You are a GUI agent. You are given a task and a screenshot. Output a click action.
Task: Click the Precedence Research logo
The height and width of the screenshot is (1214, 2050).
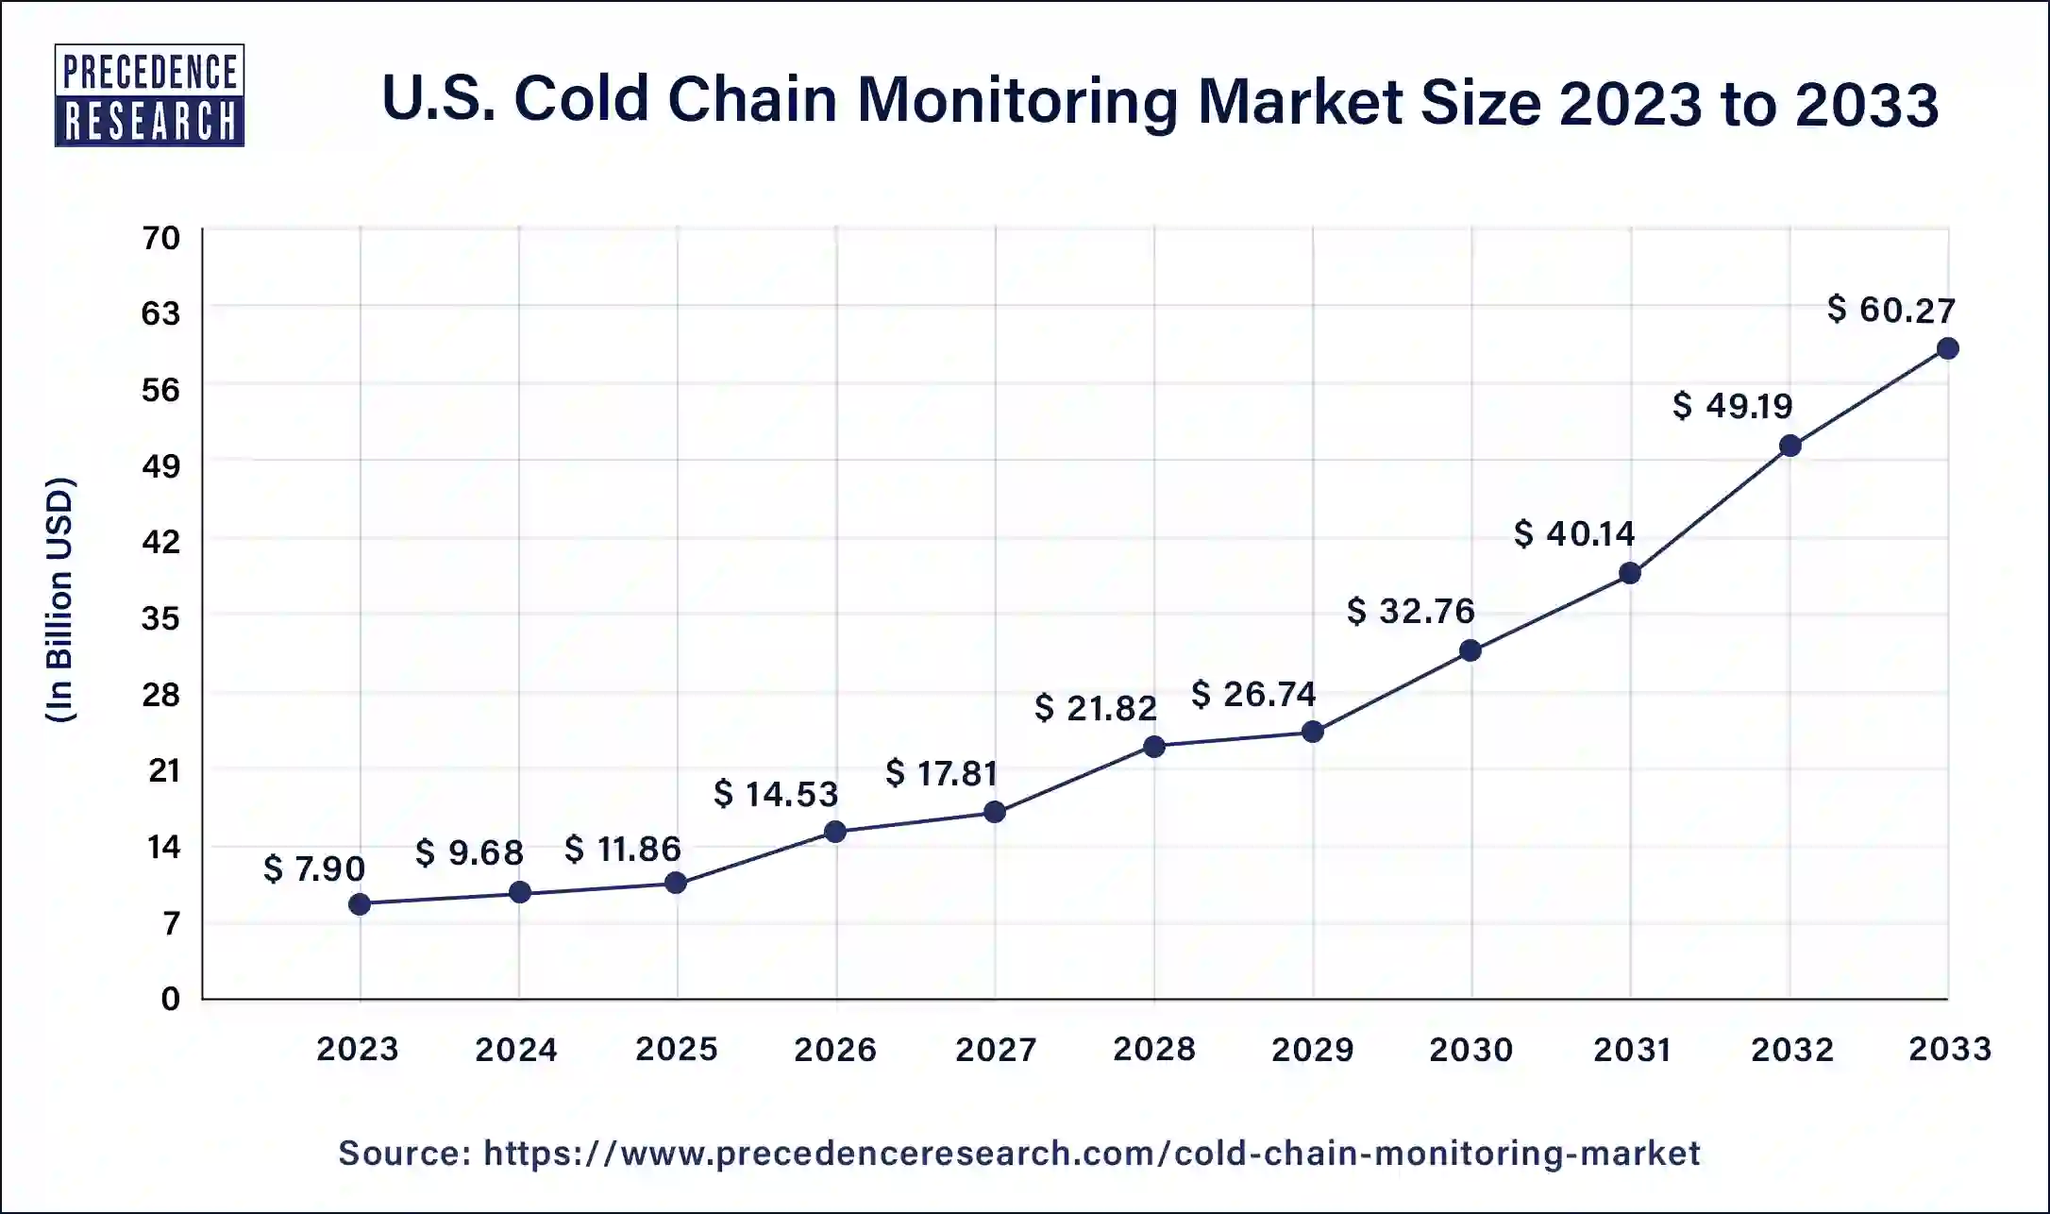[149, 95]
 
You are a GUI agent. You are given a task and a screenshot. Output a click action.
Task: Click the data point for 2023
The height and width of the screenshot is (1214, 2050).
[360, 904]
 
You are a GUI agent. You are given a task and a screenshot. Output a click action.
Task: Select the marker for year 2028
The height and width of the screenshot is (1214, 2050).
[1153, 747]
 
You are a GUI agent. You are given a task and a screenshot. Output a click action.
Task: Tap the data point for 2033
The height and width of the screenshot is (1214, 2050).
[1947, 348]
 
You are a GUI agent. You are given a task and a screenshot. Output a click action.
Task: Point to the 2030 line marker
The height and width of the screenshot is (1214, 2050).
[1470, 650]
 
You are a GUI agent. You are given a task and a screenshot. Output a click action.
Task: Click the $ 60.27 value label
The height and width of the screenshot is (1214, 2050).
[1890, 310]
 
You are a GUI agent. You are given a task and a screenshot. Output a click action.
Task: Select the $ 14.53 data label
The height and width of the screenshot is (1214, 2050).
[776, 794]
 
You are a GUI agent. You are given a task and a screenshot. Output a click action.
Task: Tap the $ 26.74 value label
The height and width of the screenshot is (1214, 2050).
[1252, 694]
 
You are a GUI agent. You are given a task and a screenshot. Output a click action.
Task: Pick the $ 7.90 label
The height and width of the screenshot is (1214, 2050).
[313, 868]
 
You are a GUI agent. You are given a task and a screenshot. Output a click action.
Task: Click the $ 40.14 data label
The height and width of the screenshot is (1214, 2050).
[1573, 533]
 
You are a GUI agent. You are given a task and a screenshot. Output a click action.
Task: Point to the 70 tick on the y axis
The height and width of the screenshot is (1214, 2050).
[161, 237]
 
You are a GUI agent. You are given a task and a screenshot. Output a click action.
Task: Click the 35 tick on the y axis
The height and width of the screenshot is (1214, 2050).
[161, 618]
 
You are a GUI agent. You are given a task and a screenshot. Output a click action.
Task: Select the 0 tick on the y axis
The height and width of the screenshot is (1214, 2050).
[170, 999]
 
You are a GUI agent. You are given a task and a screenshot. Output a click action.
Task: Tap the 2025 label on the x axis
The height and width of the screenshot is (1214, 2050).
[676, 1049]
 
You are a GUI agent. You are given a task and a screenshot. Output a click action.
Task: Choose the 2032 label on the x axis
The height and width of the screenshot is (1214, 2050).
[1791, 1049]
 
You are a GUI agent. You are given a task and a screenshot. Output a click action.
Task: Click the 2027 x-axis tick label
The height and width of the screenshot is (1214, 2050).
[995, 1049]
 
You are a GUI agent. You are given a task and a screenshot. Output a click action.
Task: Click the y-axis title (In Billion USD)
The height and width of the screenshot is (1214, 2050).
[59, 600]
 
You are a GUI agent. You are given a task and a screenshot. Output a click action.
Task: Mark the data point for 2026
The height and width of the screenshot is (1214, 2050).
[835, 832]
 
